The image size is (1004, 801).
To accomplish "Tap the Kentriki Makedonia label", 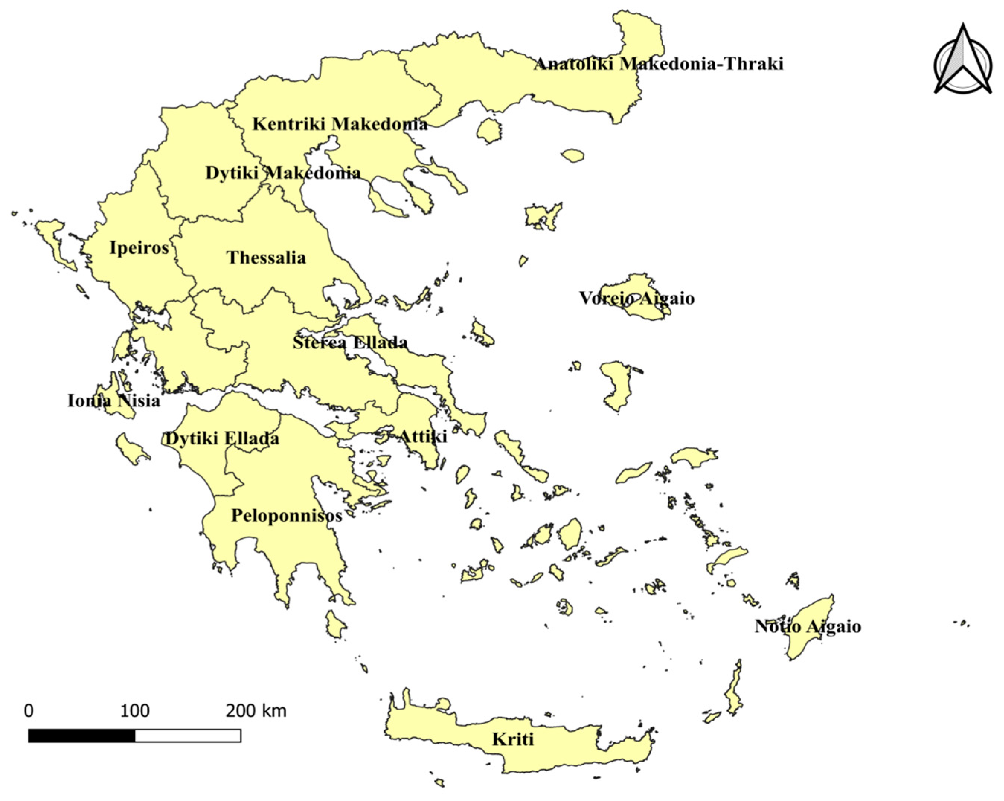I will coord(340,124).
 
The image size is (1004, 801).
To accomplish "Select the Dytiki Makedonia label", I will coord(283,173).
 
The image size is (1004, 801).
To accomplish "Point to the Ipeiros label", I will coord(139,248).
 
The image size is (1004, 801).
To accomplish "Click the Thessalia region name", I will coord(266,257).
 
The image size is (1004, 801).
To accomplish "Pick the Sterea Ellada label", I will coord(350,342).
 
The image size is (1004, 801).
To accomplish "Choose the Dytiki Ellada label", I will coord(222,438).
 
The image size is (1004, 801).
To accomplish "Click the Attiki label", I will coord(423,436).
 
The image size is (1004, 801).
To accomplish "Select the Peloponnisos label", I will coord(286,515).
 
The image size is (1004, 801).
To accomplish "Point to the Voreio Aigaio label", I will coord(636,298).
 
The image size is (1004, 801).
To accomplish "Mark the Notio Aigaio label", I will coord(808,626).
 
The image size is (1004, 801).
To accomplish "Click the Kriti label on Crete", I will coord(512,739).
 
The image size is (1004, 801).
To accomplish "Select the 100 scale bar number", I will coord(135,711).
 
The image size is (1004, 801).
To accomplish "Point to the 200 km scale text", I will coord(256,711).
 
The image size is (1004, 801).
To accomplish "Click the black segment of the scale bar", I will coord(81,736).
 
